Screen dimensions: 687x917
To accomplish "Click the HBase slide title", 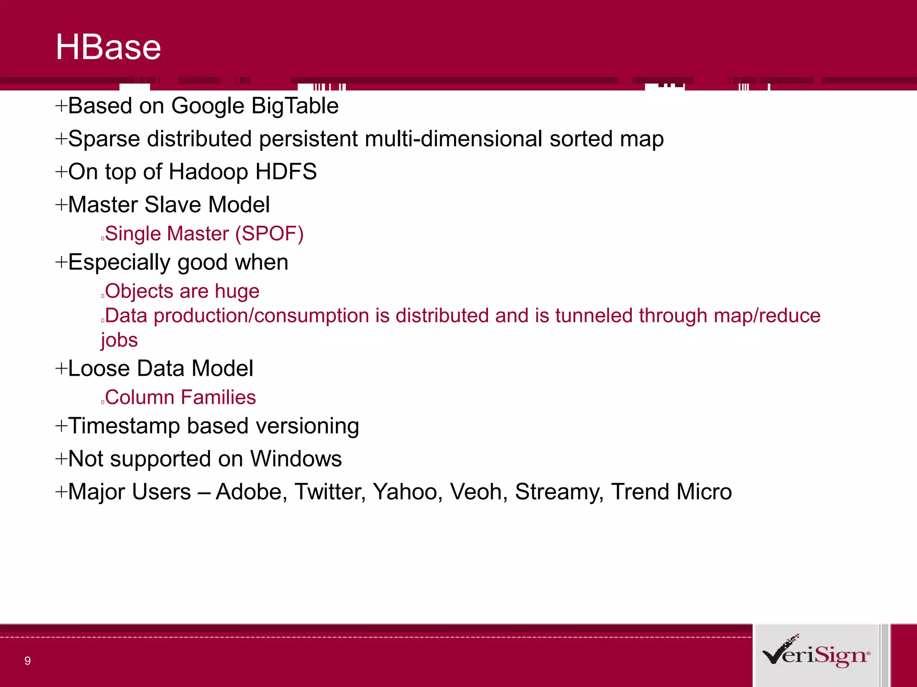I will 108,47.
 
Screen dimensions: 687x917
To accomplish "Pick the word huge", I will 237,292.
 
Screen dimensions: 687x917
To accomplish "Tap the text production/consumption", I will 262,316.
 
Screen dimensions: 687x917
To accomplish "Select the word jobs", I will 119,340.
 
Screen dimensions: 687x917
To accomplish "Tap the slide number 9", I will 28,661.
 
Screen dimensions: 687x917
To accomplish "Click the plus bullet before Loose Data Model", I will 61,369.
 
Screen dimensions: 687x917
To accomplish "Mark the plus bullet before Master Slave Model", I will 61,205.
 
